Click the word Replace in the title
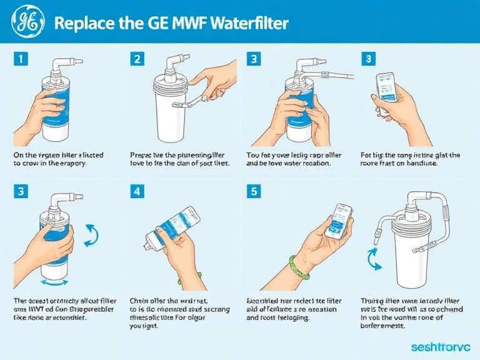pos(81,23)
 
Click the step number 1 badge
pos(20,59)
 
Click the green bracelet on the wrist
pos(299,267)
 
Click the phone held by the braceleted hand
pos(339,221)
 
